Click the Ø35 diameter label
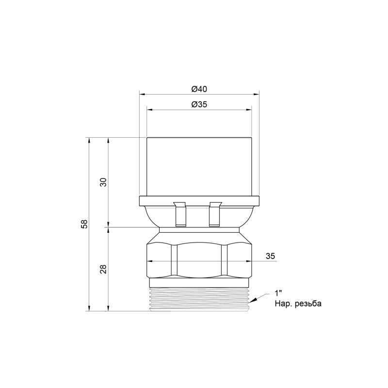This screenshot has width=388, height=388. [x=199, y=104]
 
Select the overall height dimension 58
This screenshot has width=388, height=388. [x=84, y=224]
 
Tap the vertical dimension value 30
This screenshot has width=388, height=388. [x=103, y=182]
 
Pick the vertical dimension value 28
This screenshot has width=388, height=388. [x=103, y=269]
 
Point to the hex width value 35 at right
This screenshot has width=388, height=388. [x=271, y=256]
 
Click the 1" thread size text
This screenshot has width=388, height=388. [x=278, y=293]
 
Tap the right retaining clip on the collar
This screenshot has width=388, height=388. [x=215, y=214]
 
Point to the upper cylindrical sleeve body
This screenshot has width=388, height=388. [x=199, y=166]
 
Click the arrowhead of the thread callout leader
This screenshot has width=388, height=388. [x=255, y=297]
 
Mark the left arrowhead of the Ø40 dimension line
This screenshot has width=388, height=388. [x=142, y=94]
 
